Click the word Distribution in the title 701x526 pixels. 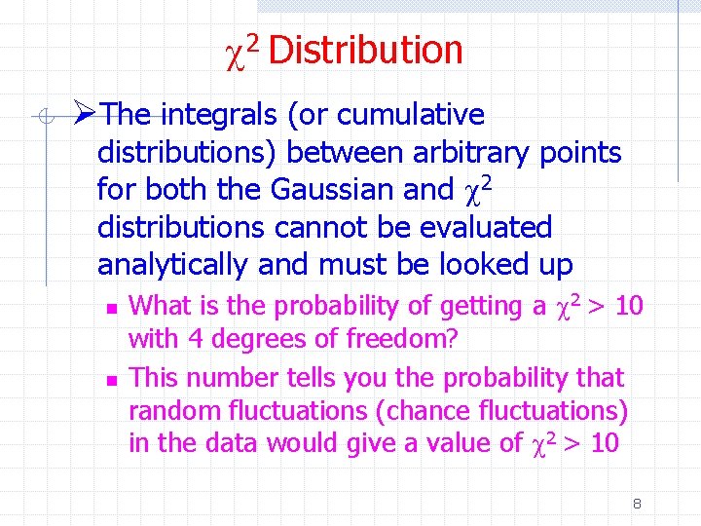click(365, 50)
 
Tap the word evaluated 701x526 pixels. click(485, 228)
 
